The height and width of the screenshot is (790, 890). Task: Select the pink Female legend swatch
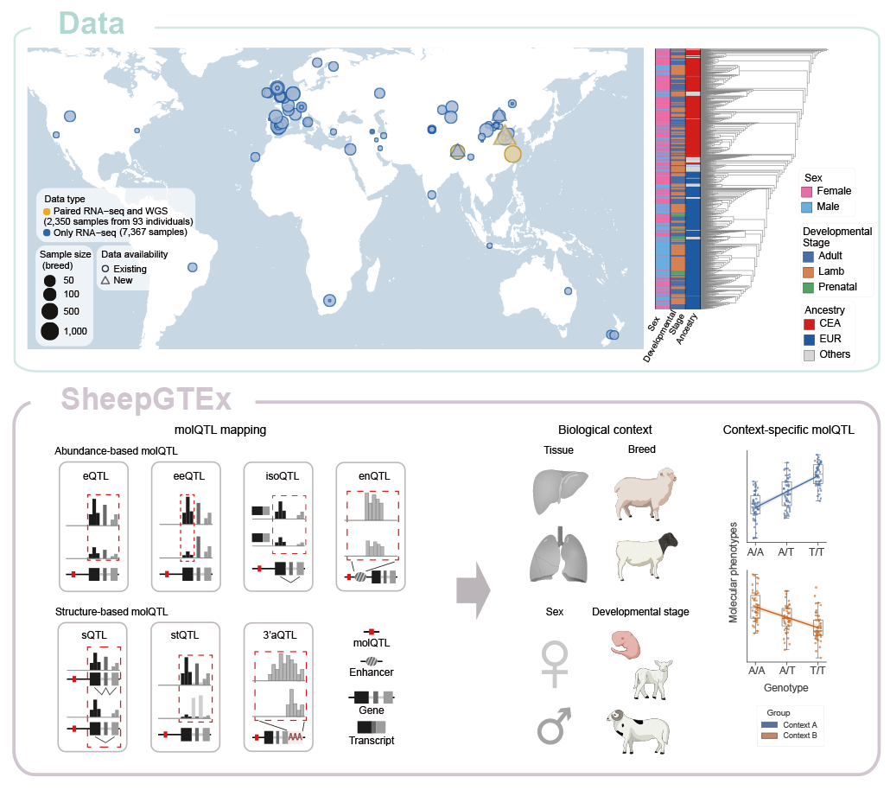coord(809,191)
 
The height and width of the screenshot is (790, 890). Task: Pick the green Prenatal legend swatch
coord(809,286)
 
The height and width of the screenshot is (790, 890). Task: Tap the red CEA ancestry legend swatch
coord(809,324)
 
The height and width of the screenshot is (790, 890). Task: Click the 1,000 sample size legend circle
coord(49,330)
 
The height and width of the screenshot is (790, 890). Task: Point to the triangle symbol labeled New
coord(105,281)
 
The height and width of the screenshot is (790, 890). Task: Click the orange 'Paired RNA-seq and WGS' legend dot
coord(46,211)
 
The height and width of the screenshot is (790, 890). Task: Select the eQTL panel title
coord(95,475)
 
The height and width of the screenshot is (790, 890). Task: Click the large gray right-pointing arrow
coord(473,592)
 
